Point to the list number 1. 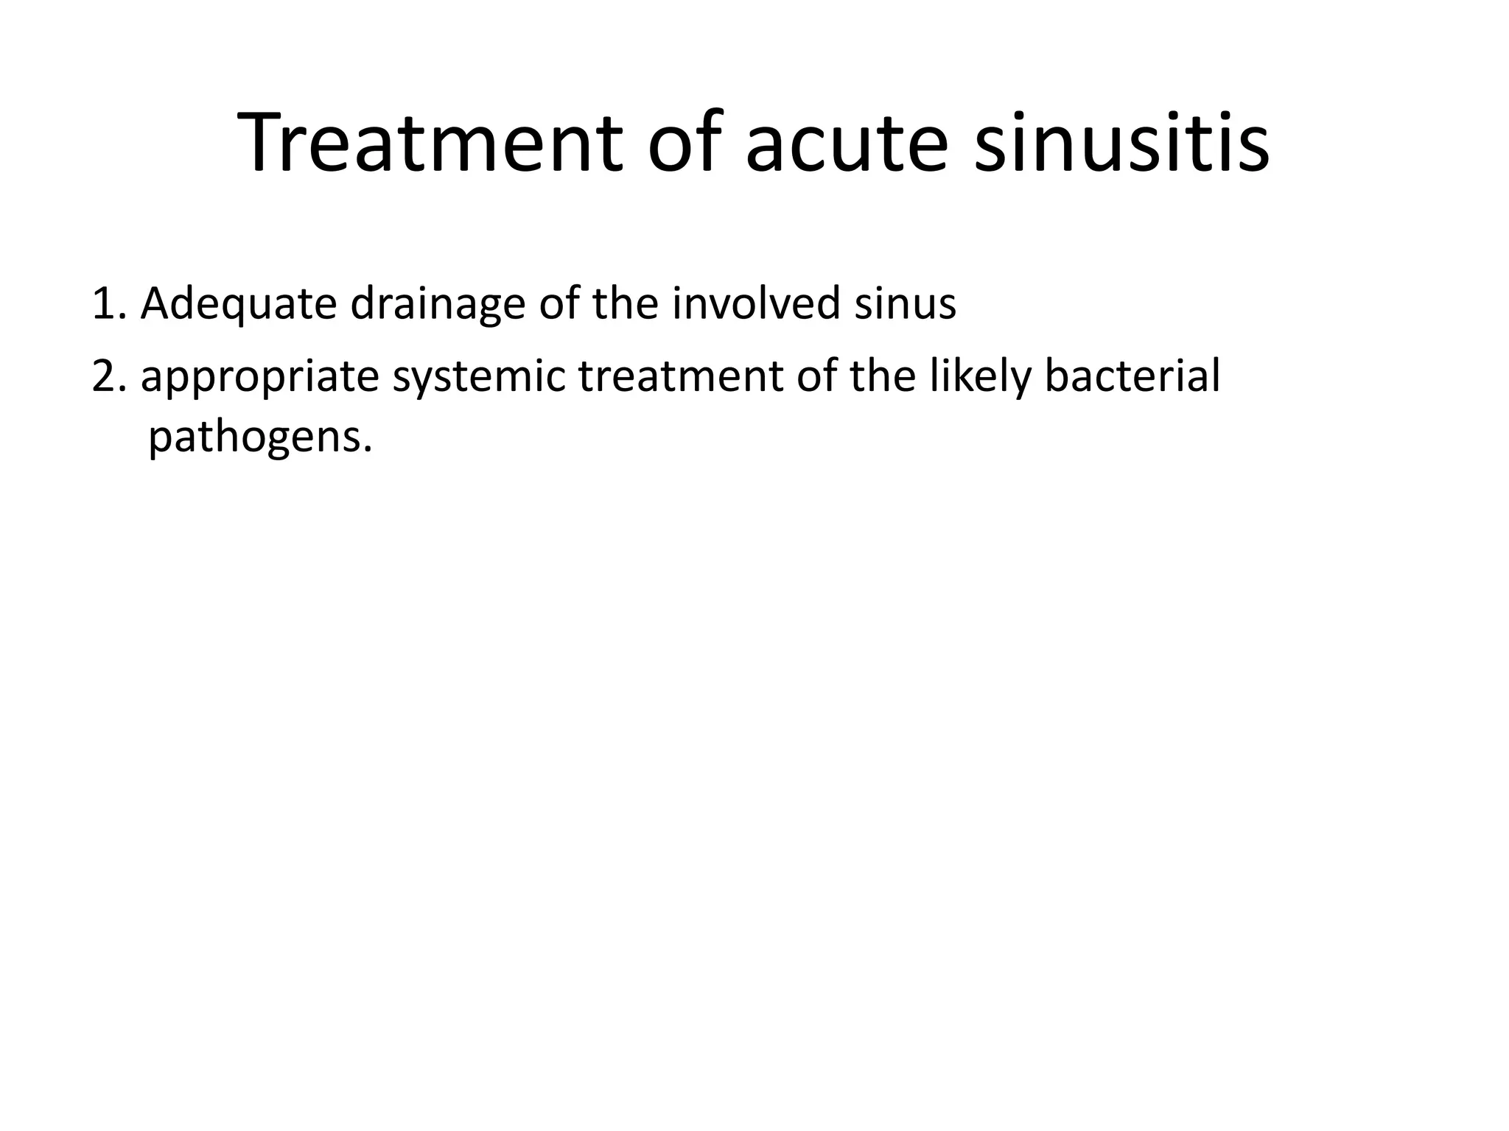(x=108, y=303)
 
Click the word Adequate (x=238, y=303)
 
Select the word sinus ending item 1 (x=905, y=303)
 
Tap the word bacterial (x=1132, y=376)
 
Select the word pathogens (x=259, y=439)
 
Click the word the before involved (x=625, y=303)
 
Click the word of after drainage (x=560, y=303)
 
